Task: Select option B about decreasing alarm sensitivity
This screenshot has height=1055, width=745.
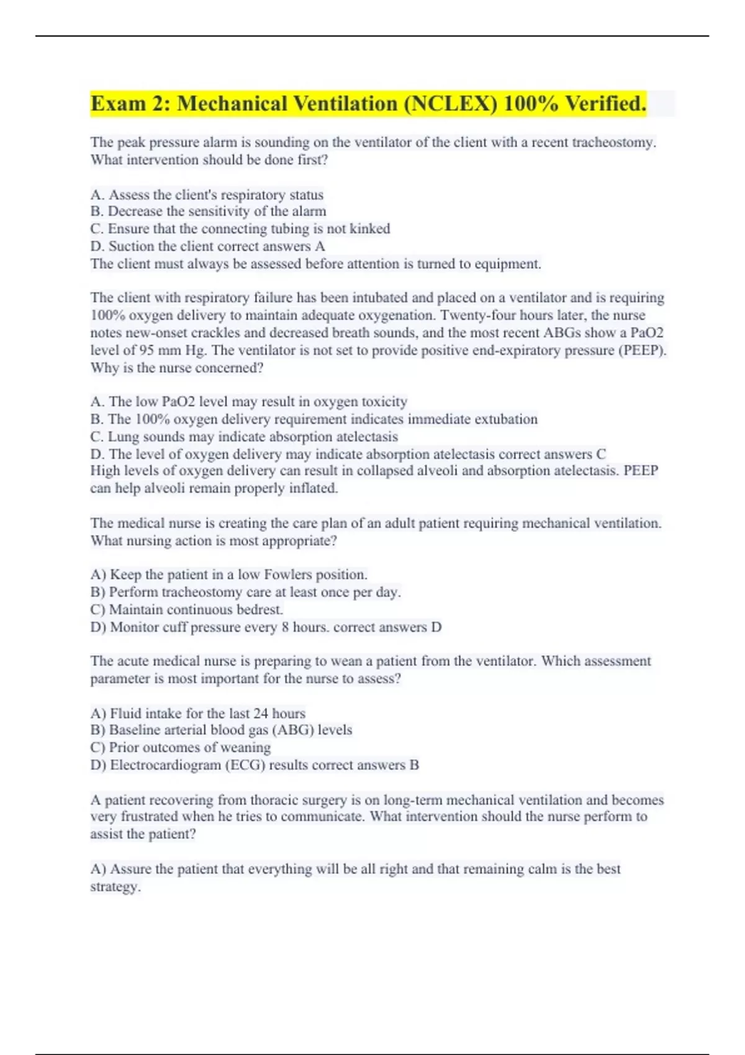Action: (x=208, y=212)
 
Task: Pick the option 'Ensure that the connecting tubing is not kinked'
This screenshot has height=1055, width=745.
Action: (x=240, y=229)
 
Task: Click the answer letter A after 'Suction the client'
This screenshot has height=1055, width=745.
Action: (x=320, y=246)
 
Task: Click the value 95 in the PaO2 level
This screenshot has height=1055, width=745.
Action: (x=147, y=350)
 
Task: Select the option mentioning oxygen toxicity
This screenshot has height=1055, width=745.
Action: (x=248, y=402)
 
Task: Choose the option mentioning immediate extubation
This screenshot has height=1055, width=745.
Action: (x=314, y=419)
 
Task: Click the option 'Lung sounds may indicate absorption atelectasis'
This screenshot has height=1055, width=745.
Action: (x=244, y=436)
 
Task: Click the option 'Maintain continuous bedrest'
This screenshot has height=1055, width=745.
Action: (x=186, y=609)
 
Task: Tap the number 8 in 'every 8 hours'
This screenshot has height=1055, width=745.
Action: (x=285, y=627)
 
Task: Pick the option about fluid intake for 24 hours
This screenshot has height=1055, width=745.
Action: (x=197, y=713)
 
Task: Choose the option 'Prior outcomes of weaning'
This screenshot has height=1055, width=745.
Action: (x=180, y=747)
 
